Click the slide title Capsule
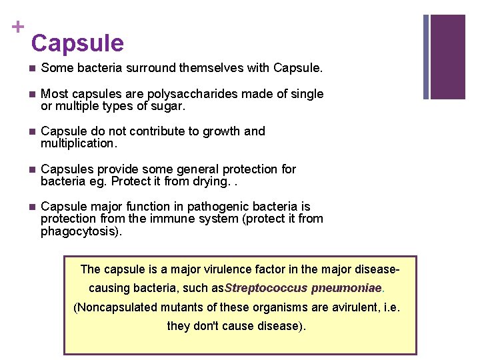pos(77,43)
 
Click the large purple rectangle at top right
pos(447,57)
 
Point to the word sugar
pos(169,106)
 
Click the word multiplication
pos(78,143)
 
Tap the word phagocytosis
pos(80,231)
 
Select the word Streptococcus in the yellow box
pos(267,288)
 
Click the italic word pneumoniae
pos(346,288)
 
